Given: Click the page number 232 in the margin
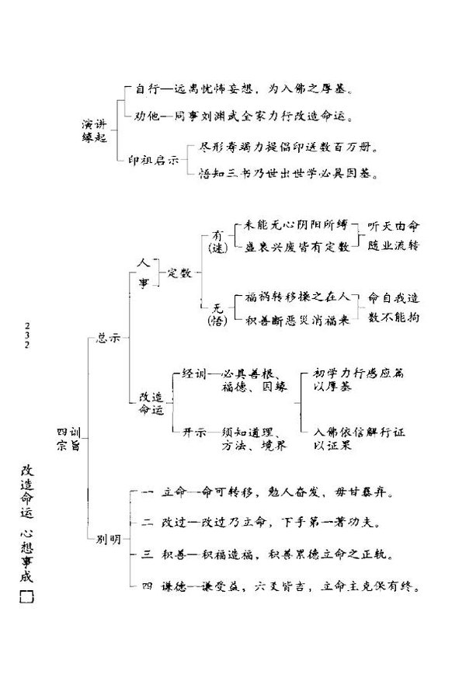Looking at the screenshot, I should pyautogui.click(x=29, y=335).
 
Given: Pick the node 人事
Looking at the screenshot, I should pyautogui.click(x=143, y=273).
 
